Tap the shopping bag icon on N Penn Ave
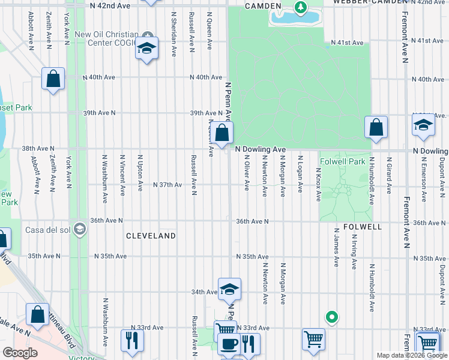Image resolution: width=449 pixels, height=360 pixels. pos(221,133)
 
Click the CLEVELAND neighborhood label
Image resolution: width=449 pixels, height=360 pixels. pos(151,236)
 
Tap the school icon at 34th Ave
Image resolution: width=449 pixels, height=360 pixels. pos(229,289)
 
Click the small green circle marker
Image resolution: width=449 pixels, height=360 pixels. pos(330,316)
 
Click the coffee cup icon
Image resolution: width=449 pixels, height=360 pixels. pos(228,344)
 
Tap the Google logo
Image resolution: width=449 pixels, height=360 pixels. pos(20,353)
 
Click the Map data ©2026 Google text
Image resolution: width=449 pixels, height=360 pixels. pos(411,355)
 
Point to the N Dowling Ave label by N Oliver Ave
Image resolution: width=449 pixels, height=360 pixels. pos(260,149)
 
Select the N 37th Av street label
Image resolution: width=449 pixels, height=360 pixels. pos(167,185)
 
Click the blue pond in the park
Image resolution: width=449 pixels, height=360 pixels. pos(294,17)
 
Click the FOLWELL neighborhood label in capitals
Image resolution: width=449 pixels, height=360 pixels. pos(364,227)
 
